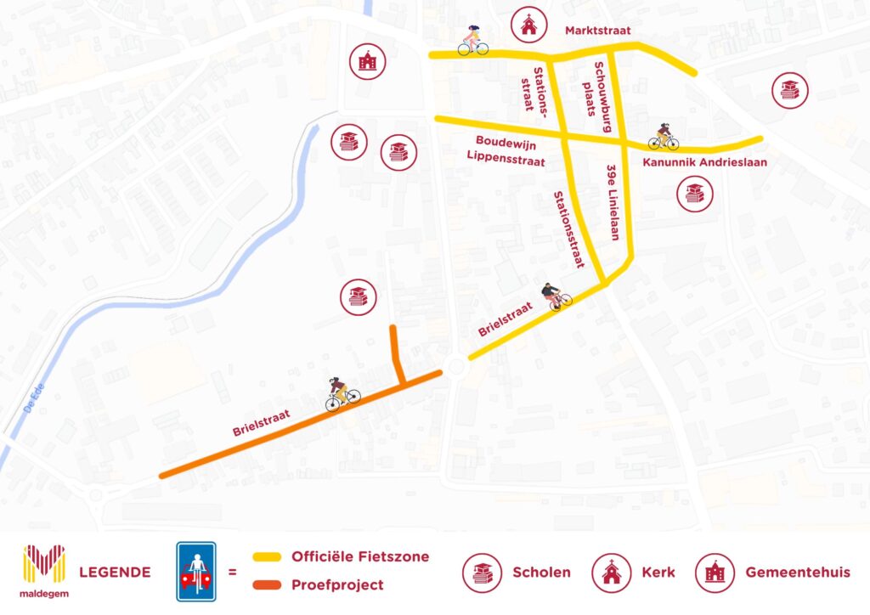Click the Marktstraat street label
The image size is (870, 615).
pos(599,31)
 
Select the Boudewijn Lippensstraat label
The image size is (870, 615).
pos(505,149)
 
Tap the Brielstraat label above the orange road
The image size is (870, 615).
pos(262,423)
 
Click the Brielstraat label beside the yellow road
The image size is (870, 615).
pos(505,319)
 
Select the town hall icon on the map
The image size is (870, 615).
pos(368,61)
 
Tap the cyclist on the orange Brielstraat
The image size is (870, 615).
pos(342,393)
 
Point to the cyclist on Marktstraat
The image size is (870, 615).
pos(472,41)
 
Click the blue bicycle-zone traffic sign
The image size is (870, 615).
pos(195,571)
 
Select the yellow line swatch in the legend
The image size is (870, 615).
pos(266,557)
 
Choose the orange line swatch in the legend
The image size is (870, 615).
pos(266,585)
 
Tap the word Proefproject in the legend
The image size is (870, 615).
pos(337,585)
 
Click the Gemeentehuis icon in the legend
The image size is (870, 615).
pos(715,572)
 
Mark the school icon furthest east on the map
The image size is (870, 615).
pos(790,89)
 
